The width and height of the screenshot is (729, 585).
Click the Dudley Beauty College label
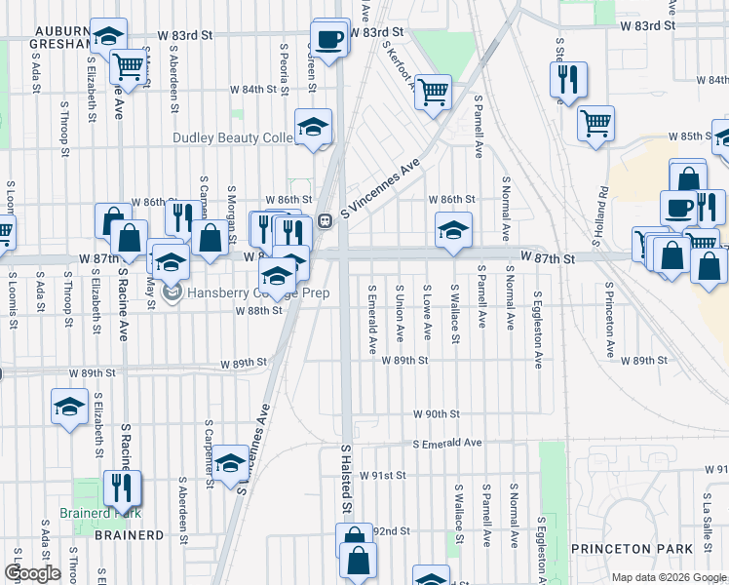coord(234,138)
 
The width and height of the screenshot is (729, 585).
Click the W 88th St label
coord(258,311)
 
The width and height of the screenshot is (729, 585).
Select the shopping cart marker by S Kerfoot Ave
coord(433,93)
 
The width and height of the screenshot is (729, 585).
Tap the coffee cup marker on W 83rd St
coord(328,40)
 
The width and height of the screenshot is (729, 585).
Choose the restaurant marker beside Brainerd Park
coord(122,487)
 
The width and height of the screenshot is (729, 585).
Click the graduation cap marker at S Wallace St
coord(453,231)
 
